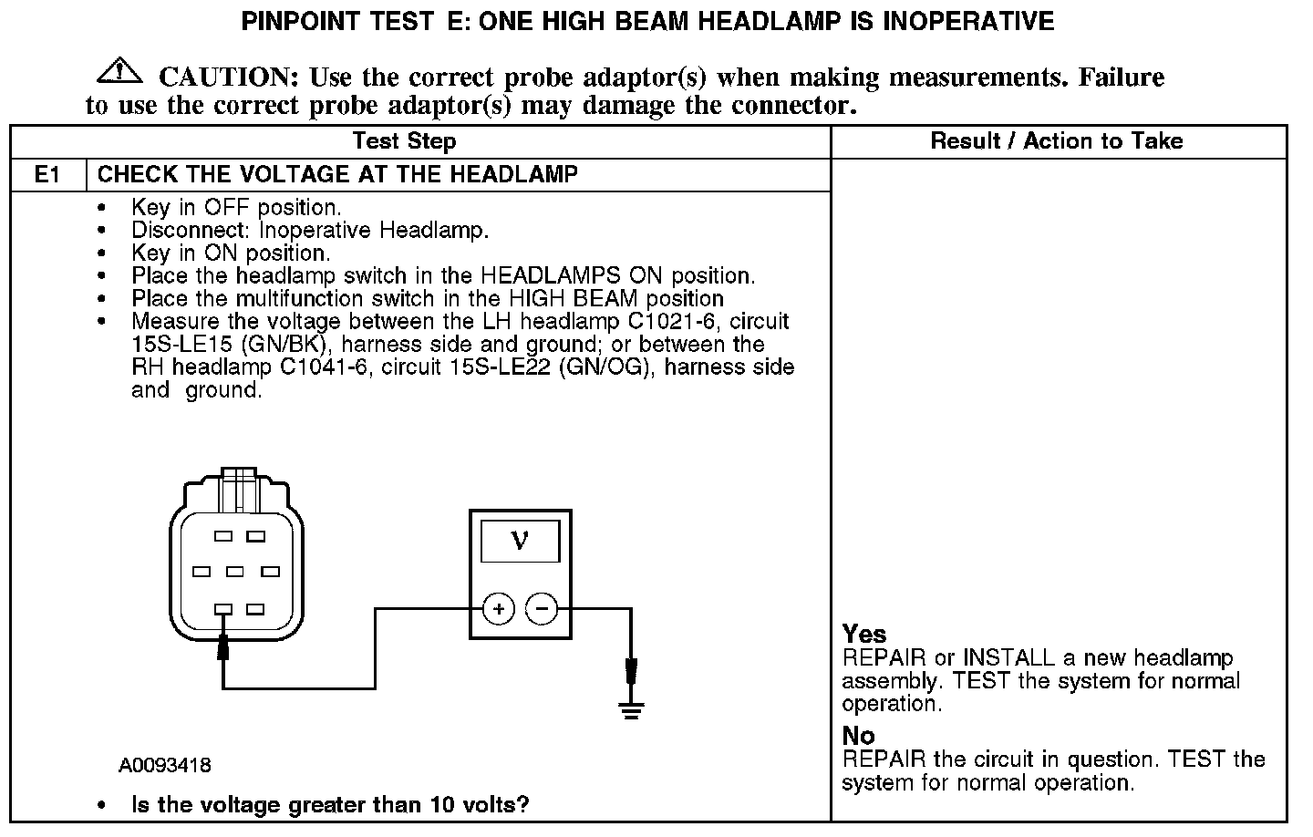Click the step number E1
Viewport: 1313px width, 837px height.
(47, 174)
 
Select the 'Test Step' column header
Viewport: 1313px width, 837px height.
(404, 141)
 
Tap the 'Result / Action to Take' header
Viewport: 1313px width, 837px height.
(1056, 141)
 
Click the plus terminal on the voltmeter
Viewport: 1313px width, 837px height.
(498, 608)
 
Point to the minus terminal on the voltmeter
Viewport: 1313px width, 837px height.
(543, 608)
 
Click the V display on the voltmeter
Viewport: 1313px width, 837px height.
(520, 541)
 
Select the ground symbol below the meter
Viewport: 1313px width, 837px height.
(630, 708)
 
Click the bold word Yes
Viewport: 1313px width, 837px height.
(864, 634)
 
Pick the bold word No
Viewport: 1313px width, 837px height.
(858, 736)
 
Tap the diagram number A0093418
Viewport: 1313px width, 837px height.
(165, 765)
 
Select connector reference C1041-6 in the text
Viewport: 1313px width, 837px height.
(326, 367)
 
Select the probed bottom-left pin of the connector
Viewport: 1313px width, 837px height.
(222, 609)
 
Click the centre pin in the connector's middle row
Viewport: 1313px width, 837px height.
(235, 572)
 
